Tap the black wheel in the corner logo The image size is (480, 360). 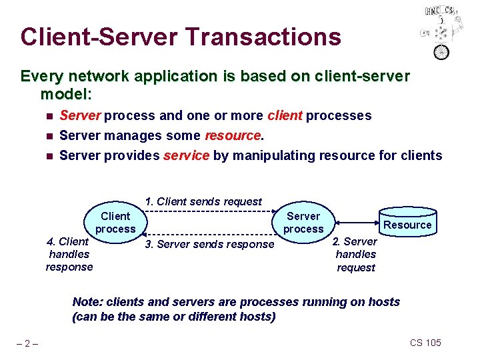pyautogui.click(x=442, y=51)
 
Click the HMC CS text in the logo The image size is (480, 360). pyautogui.click(x=440, y=11)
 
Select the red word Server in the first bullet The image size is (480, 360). pyautogui.click(x=80, y=115)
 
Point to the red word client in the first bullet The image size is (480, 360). pyautogui.click(x=285, y=115)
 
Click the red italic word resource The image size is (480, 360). pyautogui.click(x=233, y=135)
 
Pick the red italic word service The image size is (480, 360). pyautogui.click(x=186, y=155)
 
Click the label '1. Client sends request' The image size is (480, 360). pyautogui.click(x=203, y=201)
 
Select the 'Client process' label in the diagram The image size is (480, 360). pyautogui.click(x=115, y=223)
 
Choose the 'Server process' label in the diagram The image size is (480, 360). pyautogui.click(x=303, y=223)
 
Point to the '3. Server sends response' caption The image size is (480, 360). pyautogui.click(x=209, y=244)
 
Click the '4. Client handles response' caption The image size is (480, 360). pyautogui.click(x=69, y=254)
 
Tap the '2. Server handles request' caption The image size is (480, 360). pyautogui.click(x=355, y=254)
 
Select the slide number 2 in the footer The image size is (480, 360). pyautogui.click(x=27, y=343)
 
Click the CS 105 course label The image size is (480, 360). pyautogui.click(x=425, y=343)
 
